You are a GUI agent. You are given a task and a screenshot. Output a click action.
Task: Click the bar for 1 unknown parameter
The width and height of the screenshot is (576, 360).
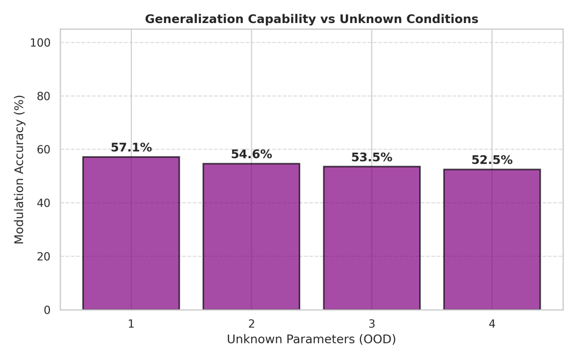point(131,233)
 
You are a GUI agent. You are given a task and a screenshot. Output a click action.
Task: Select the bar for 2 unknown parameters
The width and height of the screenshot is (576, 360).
point(251,237)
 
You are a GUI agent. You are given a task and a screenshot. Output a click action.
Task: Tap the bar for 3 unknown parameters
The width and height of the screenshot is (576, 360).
point(372,238)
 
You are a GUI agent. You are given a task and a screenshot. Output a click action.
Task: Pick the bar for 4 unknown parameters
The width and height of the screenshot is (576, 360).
point(492,240)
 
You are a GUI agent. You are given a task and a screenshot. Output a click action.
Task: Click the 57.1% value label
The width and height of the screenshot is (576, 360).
point(131,148)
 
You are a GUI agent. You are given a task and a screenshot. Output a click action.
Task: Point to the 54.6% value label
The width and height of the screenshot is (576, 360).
point(251,154)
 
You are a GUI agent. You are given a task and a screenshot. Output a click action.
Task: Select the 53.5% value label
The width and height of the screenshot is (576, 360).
point(372,157)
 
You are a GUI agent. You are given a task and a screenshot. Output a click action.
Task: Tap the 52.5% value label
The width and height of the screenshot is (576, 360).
point(492,160)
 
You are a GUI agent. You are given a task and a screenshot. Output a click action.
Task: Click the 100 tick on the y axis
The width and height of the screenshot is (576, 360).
point(40,43)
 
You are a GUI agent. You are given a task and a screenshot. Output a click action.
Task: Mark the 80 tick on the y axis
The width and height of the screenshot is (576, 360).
point(44,96)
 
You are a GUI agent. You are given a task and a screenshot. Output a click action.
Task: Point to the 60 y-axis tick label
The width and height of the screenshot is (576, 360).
point(44,149)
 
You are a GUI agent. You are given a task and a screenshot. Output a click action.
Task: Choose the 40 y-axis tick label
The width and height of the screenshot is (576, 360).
point(44,203)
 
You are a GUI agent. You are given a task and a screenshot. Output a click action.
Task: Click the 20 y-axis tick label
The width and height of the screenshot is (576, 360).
point(44,257)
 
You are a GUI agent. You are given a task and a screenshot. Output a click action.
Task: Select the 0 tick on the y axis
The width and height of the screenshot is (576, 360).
point(47,310)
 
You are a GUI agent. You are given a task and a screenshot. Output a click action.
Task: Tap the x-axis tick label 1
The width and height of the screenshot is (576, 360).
point(131,324)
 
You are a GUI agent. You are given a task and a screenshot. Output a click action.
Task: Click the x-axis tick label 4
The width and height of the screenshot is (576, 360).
point(492,324)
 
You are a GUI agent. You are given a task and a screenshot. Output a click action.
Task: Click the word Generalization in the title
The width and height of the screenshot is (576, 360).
point(194,19)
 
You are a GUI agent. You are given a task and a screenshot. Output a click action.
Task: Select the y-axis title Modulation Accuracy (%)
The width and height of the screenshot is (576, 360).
point(19,169)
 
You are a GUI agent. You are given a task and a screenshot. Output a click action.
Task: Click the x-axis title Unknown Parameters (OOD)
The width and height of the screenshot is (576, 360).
point(312,339)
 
